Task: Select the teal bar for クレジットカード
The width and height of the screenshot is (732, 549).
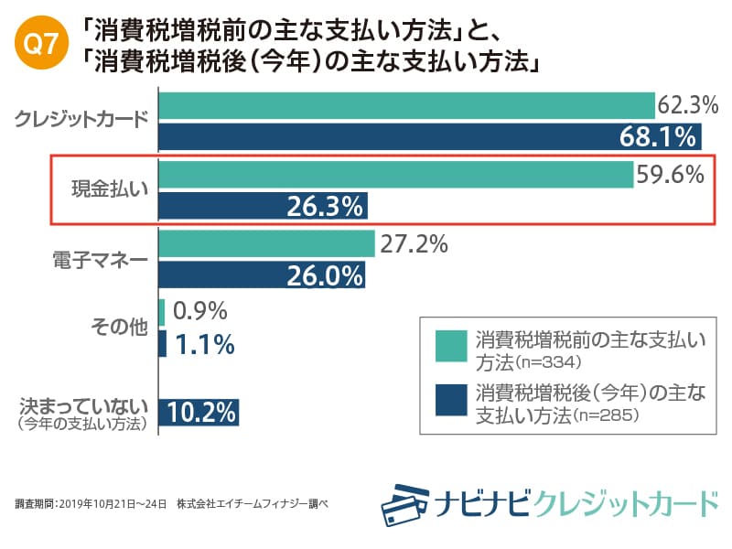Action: [406, 105]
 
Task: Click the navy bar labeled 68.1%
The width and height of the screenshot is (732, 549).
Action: [430, 137]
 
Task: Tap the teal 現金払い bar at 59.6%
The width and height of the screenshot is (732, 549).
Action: [396, 174]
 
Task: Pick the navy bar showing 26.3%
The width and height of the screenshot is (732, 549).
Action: [263, 206]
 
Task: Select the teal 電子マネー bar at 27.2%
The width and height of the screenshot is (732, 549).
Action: [267, 243]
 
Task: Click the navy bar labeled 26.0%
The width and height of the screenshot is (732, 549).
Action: [262, 275]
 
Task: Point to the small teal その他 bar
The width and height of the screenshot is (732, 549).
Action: [162, 312]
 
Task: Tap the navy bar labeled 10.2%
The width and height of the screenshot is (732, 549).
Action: [199, 412]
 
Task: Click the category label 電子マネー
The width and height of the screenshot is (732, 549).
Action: [100, 259]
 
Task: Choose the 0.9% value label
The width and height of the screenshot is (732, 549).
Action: [199, 312]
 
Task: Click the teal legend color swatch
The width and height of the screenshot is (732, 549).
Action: [450, 347]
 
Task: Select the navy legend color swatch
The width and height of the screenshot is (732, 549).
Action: [450, 403]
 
